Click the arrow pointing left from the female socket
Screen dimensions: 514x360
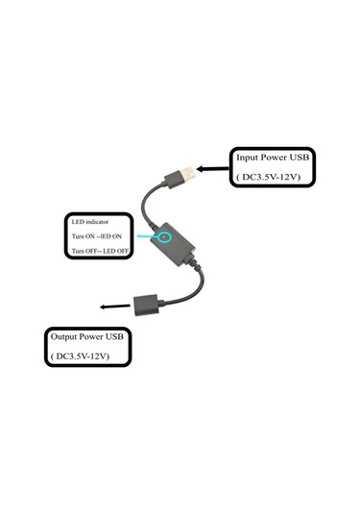[x=114, y=308]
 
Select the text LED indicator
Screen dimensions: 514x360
[x=93, y=218]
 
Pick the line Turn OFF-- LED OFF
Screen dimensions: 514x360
[x=101, y=252]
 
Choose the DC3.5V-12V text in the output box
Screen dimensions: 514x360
[x=81, y=356]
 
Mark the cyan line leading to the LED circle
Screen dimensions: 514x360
[x=146, y=233]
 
